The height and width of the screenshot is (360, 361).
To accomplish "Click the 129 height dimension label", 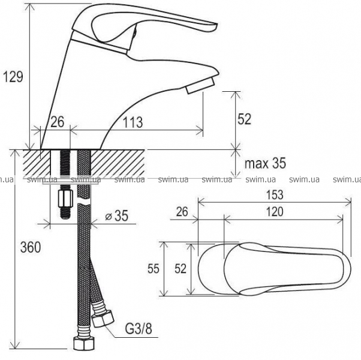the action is (x=13, y=77).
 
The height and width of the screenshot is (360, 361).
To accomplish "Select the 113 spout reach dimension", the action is (x=133, y=122).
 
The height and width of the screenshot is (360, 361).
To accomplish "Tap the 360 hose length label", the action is (x=31, y=247).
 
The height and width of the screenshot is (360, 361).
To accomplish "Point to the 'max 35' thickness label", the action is (x=265, y=163).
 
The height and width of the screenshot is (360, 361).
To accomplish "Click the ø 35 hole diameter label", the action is (x=116, y=216).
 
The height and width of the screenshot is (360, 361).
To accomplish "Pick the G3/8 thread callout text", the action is (x=139, y=328).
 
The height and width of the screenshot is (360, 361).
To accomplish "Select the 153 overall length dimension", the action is (x=275, y=194).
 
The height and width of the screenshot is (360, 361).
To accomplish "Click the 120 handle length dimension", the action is (x=275, y=212).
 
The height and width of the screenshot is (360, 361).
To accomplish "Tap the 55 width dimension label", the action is (x=154, y=269).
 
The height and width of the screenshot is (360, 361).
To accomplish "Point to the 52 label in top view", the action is (x=180, y=269).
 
